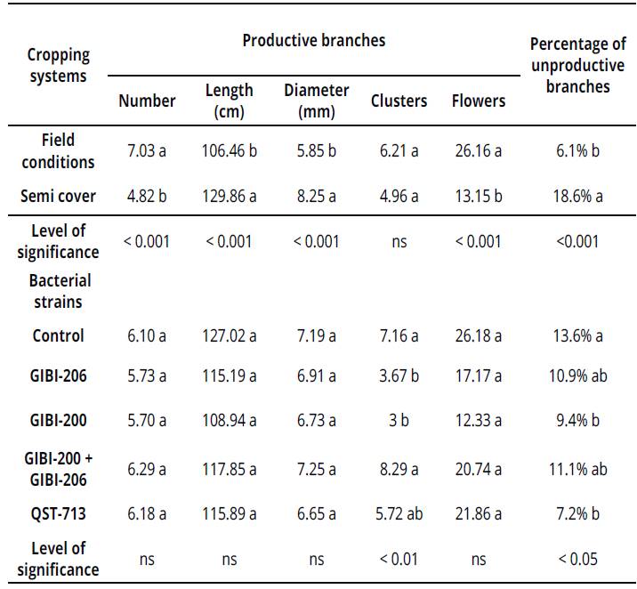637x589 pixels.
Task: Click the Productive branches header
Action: (314, 40)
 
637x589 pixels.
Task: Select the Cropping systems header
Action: (59, 65)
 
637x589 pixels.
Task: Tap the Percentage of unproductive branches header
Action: (577, 65)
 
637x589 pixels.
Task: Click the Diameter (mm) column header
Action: (316, 101)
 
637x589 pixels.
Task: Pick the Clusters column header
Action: (399, 101)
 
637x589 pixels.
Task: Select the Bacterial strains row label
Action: (59, 291)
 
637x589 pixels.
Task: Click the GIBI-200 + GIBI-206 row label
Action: (59, 468)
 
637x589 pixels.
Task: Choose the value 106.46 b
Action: (229, 150)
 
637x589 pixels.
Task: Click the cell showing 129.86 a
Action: (229, 196)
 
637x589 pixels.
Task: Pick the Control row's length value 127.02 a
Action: (229, 335)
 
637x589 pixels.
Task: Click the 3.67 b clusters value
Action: (399, 376)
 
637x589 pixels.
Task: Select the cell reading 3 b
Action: (399, 418)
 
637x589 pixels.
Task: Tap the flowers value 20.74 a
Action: (478, 468)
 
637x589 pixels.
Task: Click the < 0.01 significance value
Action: (399, 559)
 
